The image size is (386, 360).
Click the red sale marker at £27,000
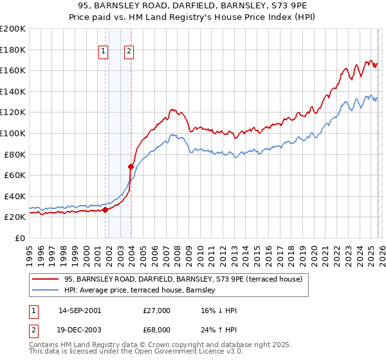[105, 210]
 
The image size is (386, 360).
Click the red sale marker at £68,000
[131, 166]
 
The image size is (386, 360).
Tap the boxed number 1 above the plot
[103, 53]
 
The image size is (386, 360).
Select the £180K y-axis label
[13, 50]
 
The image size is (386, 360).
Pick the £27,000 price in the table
[157, 310]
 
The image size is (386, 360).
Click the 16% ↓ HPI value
[219, 310]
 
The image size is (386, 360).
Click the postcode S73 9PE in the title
[291, 7]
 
